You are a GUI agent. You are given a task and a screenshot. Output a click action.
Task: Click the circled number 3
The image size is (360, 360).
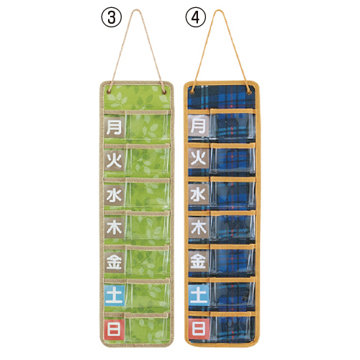tap(112, 17)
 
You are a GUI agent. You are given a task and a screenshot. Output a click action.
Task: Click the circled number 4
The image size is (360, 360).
tap(196, 17)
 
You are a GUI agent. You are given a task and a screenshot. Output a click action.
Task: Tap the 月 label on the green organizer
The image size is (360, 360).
tap(114, 127)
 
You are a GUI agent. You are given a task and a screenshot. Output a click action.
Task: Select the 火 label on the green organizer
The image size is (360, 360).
tap(114, 161)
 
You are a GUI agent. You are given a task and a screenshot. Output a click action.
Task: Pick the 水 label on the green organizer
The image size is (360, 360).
tap(114, 195)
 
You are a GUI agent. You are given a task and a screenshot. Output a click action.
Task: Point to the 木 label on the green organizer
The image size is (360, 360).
tap(114, 228)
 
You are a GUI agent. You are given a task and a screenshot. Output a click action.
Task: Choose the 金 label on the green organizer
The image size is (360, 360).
tap(114, 262)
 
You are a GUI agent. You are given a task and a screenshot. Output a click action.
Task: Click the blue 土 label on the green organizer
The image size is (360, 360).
tap(114, 295)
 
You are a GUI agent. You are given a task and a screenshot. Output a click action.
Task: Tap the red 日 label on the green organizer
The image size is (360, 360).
tap(114, 329)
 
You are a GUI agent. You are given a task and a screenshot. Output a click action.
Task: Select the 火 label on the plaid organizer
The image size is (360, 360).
tap(199, 158)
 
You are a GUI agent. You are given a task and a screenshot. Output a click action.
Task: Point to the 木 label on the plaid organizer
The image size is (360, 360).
tap(199, 228)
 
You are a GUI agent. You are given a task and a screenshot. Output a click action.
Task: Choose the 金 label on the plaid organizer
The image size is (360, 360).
tap(199, 261)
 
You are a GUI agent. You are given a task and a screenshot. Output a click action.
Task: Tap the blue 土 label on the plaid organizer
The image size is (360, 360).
tap(199, 295)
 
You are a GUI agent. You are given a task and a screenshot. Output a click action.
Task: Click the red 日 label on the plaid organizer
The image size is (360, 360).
tap(199, 328)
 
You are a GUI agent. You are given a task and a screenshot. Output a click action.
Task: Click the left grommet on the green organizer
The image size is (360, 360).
tap(109, 91)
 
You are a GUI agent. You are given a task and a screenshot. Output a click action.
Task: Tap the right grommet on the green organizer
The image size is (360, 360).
tap(164, 91)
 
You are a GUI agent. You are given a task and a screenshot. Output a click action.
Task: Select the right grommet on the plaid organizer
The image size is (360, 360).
tap(249, 91)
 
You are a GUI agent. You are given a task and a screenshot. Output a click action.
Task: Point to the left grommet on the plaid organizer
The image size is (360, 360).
tap(192, 91)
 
